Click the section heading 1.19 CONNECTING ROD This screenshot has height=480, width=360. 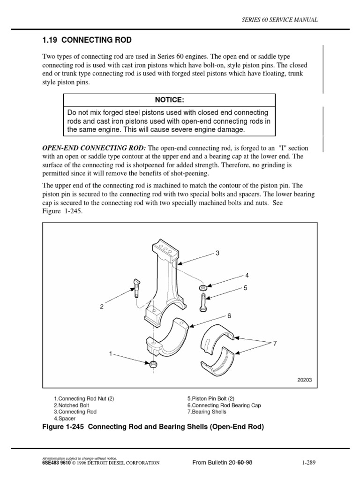(x=87, y=40)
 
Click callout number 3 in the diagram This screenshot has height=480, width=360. (x=217, y=253)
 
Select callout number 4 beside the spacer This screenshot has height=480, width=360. (x=246, y=275)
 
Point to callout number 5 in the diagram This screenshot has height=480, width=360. (x=245, y=288)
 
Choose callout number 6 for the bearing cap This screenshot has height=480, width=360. (x=230, y=316)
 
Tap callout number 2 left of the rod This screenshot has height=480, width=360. (x=101, y=307)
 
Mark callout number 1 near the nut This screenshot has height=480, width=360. (x=111, y=353)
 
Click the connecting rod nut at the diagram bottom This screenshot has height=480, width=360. (x=153, y=364)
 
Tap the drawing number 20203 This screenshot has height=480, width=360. (x=304, y=380)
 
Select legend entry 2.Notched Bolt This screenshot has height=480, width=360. (x=71, y=405)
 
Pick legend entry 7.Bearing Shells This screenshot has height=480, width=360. (x=207, y=412)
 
